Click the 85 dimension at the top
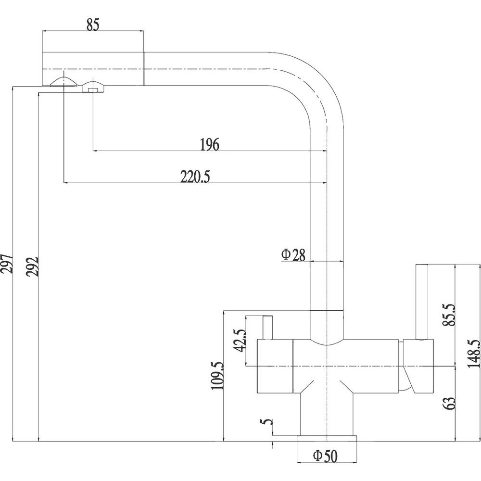point(93,25)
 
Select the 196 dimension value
point(210,144)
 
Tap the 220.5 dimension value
point(195,177)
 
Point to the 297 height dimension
point(6,264)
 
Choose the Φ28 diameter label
point(293,255)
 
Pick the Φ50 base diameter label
point(325,456)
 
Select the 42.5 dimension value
point(240,341)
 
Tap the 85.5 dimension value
point(450,316)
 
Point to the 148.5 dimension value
point(474,354)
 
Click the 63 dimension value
point(450,404)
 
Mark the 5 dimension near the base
point(267,422)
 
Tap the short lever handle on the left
point(267,328)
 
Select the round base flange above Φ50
point(327,439)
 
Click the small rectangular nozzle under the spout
point(92,90)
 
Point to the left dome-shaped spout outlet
point(63,82)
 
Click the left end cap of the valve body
point(275,366)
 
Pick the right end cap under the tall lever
point(418,366)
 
